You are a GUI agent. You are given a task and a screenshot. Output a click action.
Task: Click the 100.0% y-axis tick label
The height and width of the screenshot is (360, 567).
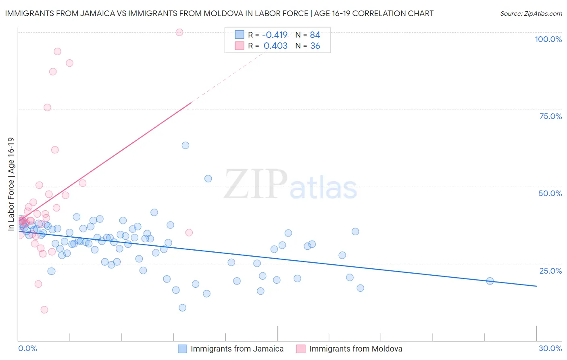[x=548, y=39]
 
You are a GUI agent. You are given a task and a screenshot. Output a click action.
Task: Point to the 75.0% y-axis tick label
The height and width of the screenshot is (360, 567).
[x=550, y=116]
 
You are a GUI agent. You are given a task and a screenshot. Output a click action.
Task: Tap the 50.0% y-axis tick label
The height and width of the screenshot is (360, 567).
[x=550, y=193]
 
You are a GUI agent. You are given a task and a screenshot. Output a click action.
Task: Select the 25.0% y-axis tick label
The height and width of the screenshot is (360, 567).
[x=550, y=271]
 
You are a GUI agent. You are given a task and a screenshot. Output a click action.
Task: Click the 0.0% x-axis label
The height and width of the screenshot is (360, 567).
[x=27, y=348]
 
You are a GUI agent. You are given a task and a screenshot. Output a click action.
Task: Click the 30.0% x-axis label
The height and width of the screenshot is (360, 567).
[x=550, y=348]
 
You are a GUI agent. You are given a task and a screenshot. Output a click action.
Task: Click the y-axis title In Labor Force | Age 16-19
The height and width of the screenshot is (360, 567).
[x=11, y=184]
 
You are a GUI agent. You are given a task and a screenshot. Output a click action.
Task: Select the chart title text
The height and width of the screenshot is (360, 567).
[x=219, y=13]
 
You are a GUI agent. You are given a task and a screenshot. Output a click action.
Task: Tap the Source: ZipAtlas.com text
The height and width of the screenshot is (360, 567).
[x=531, y=14]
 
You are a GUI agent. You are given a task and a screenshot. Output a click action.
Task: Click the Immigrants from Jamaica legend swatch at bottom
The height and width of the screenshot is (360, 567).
[x=183, y=349]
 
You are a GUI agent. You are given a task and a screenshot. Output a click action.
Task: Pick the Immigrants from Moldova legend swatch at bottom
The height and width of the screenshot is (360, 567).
[x=301, y=349]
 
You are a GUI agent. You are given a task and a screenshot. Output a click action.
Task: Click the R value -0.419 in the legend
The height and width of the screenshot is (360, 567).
[x=275, y=35]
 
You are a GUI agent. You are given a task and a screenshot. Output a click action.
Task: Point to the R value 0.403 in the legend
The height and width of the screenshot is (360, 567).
[x=275, y=46]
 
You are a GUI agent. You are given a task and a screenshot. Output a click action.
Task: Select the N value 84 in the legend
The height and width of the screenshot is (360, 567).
[x=315, y=35]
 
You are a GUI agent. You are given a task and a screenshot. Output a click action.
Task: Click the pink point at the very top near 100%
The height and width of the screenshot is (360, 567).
[x=179, y=32]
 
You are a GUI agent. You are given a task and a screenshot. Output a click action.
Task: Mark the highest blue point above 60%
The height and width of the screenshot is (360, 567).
[x=186, y=145]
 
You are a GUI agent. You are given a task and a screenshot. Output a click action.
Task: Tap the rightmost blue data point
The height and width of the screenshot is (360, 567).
[x=490, y=281]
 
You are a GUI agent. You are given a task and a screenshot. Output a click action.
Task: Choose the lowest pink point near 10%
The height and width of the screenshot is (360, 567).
[x=44, y=310]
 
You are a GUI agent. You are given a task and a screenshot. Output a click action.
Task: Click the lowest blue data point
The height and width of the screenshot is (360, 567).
[x=182, y=308]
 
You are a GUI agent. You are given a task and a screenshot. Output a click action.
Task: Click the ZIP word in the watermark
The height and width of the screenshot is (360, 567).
[x=256, y=184]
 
